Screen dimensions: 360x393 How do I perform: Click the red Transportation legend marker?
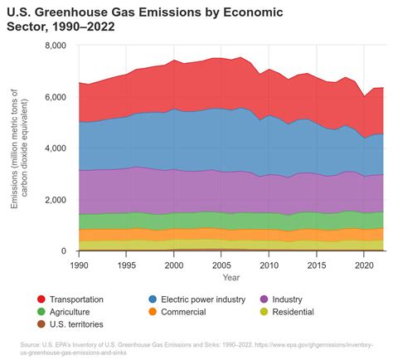(x=41, y=299)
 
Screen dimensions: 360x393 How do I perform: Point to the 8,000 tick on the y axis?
(x=55, y=46)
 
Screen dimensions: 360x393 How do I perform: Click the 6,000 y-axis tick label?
(x=55, y=97)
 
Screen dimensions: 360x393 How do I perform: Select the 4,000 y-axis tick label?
(x=55, y=148)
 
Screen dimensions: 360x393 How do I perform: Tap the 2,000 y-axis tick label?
(x=55, y=200)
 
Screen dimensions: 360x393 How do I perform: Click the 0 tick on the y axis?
(x=63, y=251)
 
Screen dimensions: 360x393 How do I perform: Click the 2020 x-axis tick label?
(x=361, y=265)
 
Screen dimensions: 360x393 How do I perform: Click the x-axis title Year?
(x=231, y=277)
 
